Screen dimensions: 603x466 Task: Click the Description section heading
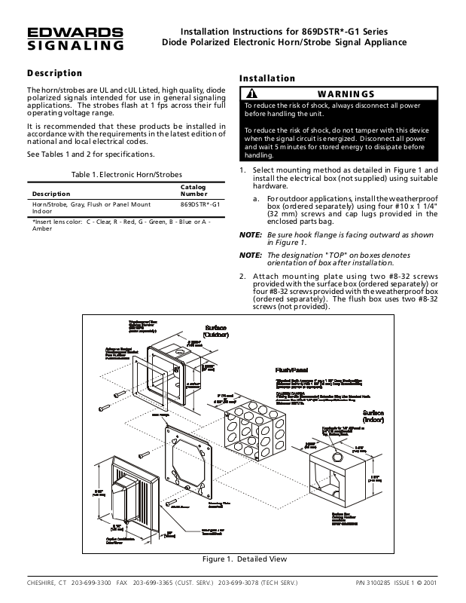point(54,73)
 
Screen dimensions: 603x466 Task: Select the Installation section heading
point(267,78)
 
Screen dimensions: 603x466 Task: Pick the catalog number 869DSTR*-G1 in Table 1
point(199,204)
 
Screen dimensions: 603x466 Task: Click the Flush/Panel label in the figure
point(289,372)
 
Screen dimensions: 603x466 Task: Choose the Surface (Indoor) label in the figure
point(378,418)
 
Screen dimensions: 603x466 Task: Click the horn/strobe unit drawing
point(136,489)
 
